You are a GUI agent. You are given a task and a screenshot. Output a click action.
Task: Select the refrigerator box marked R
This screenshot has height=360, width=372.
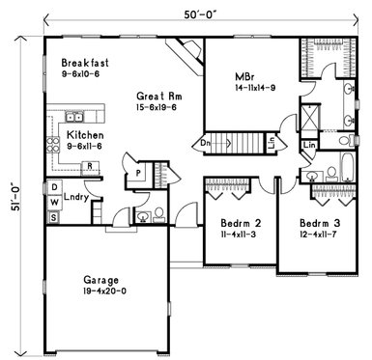pyautogui.click(x=89, y=165)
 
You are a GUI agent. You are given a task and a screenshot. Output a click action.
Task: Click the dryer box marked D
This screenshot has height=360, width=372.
pyautogui.click(x=55, y=187)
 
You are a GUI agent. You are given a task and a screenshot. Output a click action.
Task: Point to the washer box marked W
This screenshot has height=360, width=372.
pyautogui.click(x=55, y=203)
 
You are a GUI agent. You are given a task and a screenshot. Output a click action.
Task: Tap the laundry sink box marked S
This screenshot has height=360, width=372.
pyautogui.click(x=55, y=219)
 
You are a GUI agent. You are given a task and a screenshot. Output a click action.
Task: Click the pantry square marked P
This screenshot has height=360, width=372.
pyautogui.click(x=138, y=175)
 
